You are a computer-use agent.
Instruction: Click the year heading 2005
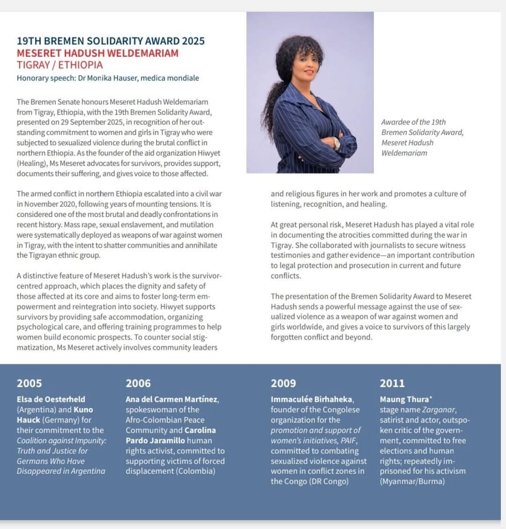(x=29, y=383)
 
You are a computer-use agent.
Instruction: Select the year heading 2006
(x=138, y=383)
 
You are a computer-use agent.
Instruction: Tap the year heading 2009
(x=283, y=383)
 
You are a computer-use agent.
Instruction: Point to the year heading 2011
(x=392, y=383)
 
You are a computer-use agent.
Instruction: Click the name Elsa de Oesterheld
(x=51, y=399)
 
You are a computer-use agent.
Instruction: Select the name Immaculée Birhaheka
(x=312, y=399)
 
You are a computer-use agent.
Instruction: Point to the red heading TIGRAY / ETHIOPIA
(x=59, y=65)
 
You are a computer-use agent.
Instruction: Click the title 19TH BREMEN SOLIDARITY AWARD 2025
(x=110, y=41)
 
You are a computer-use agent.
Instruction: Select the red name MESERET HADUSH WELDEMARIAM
(x=98, y=53)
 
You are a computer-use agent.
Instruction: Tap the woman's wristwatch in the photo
(x=337, y=143)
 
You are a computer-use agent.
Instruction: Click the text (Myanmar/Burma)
(x=412, y=481)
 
